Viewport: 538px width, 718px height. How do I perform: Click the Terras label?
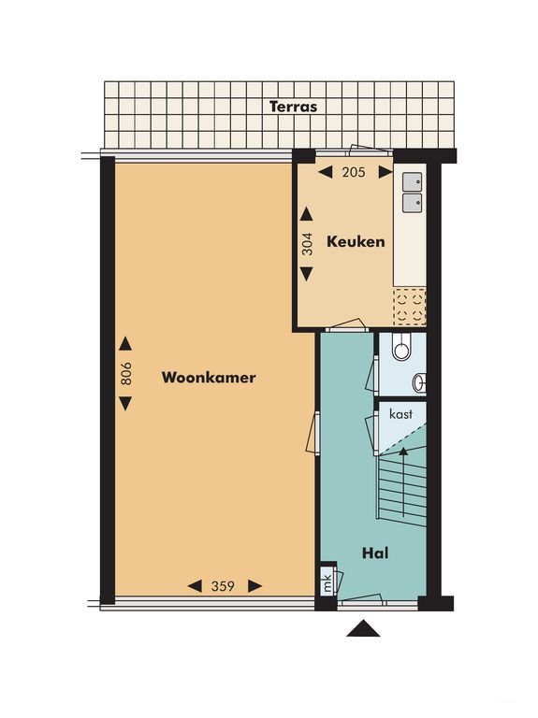tap(293, 107)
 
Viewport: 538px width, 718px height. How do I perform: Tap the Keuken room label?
tap(356, 241)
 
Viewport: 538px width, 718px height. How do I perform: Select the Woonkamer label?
tap(209, 378)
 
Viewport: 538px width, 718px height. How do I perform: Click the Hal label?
tap(375, 553)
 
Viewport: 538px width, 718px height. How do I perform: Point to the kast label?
tap(401, 414)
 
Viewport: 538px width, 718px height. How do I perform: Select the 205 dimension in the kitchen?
tap(354, 172)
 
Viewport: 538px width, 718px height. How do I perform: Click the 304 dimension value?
tap(307, 244)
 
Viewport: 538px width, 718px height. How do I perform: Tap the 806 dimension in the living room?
tap(126, 374)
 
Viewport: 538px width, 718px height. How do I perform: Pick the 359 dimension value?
tap(224, 586)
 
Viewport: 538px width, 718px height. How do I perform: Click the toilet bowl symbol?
tap(402, 346)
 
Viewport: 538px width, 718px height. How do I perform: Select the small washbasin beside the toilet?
tap(420, 382)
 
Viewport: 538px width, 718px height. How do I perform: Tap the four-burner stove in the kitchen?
tap(409, 307)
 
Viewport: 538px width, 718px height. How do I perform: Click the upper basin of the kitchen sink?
tap(412, 181)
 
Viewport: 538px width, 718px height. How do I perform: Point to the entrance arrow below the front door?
tap(363, 628)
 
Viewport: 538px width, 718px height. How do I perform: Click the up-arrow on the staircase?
tap(403, 481)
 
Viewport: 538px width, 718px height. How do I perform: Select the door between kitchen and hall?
tap(346, 325)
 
